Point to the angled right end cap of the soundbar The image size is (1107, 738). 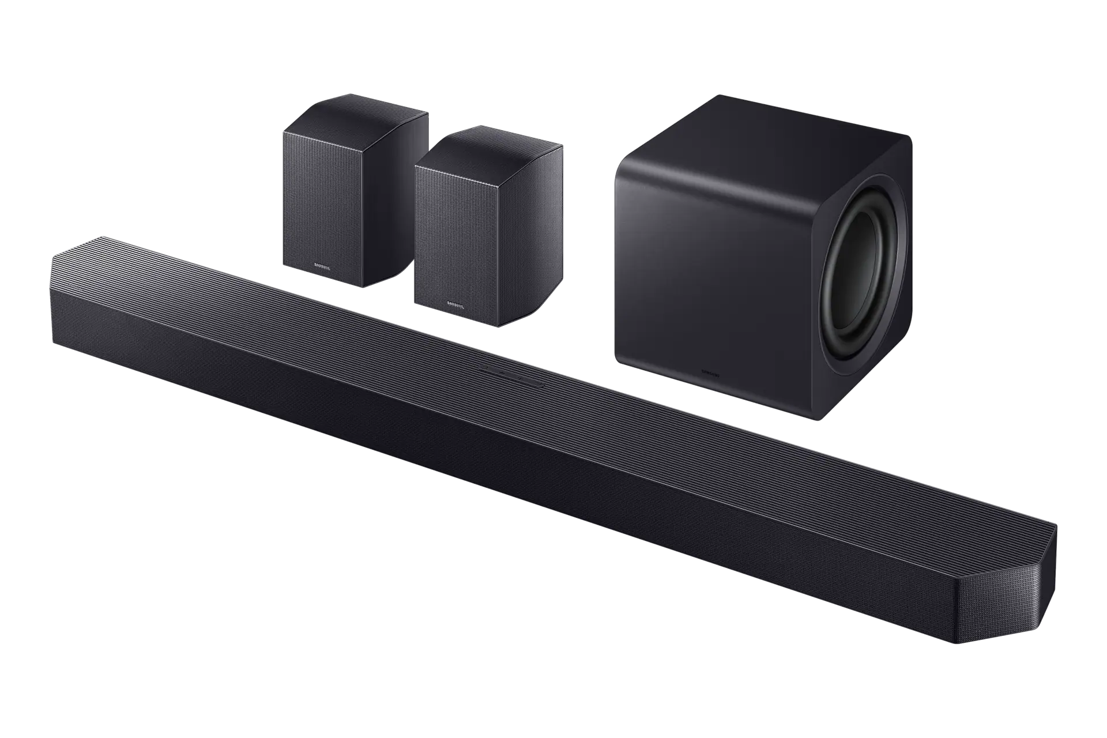1032,600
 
